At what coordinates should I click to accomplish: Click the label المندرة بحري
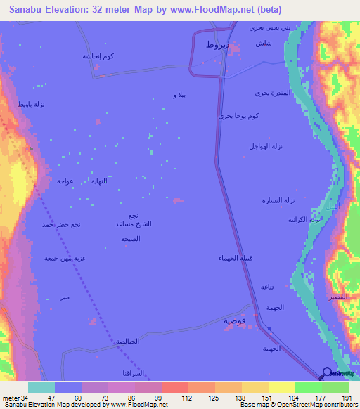(271, 93)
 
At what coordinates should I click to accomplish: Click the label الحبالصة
(126, 342)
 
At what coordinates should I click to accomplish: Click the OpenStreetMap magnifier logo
(326, 373)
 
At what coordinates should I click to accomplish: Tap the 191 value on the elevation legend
(346, 397)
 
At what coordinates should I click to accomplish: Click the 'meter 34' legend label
(14, 397)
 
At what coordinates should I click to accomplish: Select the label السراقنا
(136, 372)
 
